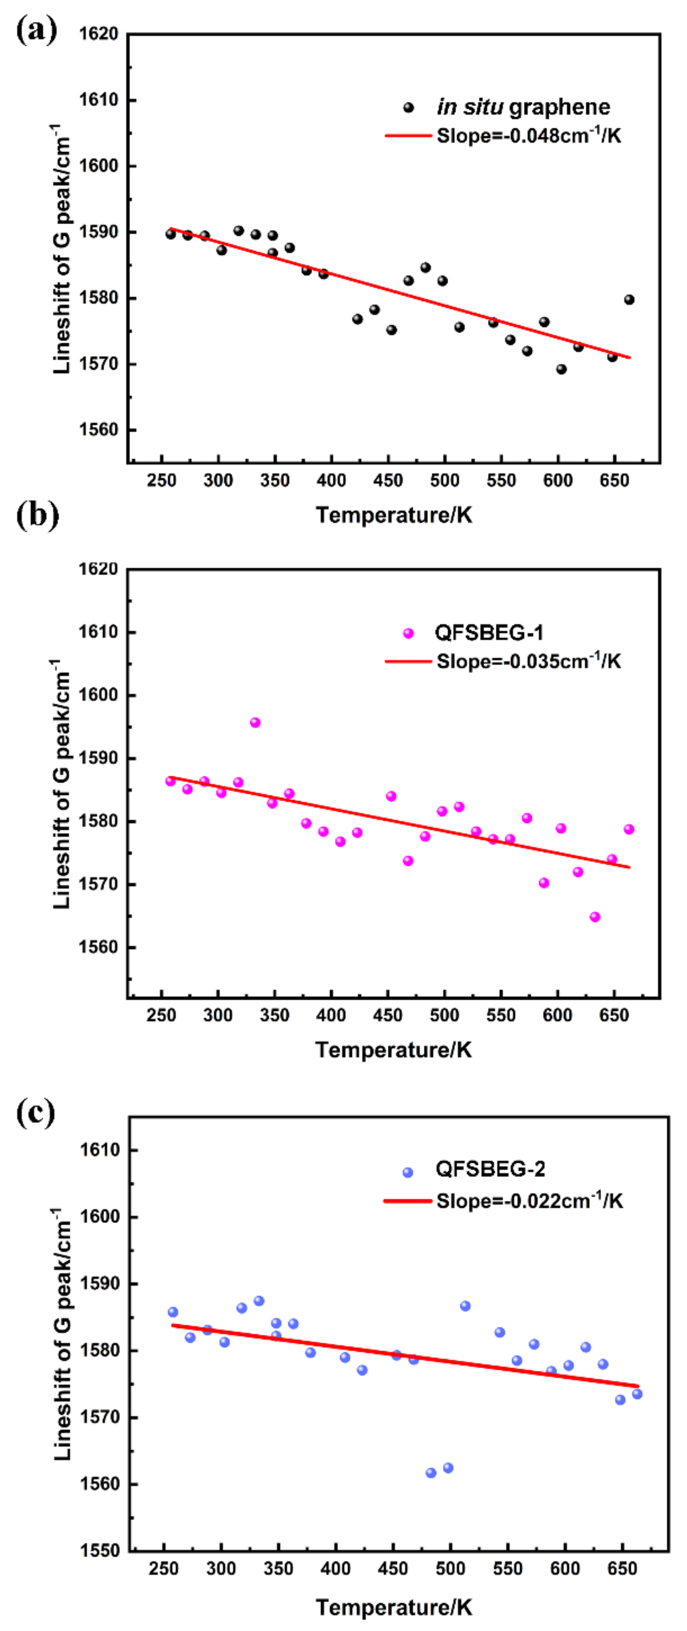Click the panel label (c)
[36, 1113]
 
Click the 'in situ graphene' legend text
[523, 107]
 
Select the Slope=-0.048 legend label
[528, 136]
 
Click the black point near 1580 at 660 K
[629, 300]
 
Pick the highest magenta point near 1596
[255, 722]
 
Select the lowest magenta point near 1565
[595, 917]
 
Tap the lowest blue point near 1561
[431, 1473]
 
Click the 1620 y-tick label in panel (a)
[98, 34]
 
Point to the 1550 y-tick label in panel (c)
[99, 1551]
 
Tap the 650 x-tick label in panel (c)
[622, 1569]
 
